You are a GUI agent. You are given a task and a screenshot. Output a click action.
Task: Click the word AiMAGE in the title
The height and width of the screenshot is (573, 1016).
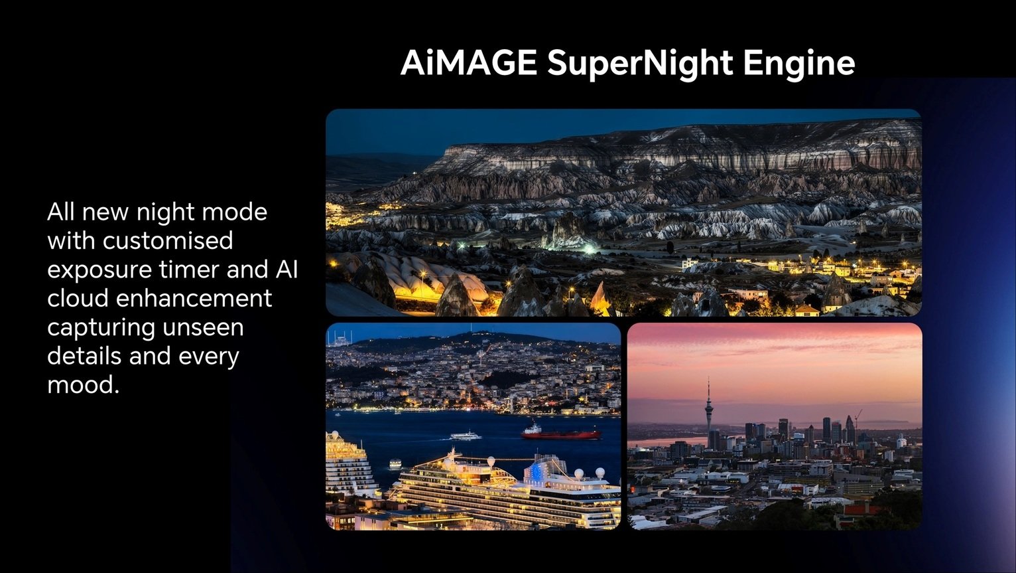pos(468,62)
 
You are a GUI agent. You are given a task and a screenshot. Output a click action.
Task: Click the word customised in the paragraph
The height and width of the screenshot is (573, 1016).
pos(167,240)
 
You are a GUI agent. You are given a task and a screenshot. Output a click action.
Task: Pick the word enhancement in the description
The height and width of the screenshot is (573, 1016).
pos(194,298)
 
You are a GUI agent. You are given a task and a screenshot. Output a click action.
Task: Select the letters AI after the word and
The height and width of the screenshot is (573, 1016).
pos(286,270)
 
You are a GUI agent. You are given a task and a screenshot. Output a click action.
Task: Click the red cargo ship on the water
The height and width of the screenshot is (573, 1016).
pos(561,432)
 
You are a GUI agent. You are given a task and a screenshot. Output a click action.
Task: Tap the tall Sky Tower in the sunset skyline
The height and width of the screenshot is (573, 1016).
pos(708,412)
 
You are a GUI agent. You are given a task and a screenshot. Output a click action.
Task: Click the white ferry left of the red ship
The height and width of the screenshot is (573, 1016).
pos(465,436)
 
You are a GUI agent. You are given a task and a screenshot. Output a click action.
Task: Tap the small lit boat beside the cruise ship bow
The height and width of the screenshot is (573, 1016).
pos(395,464)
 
